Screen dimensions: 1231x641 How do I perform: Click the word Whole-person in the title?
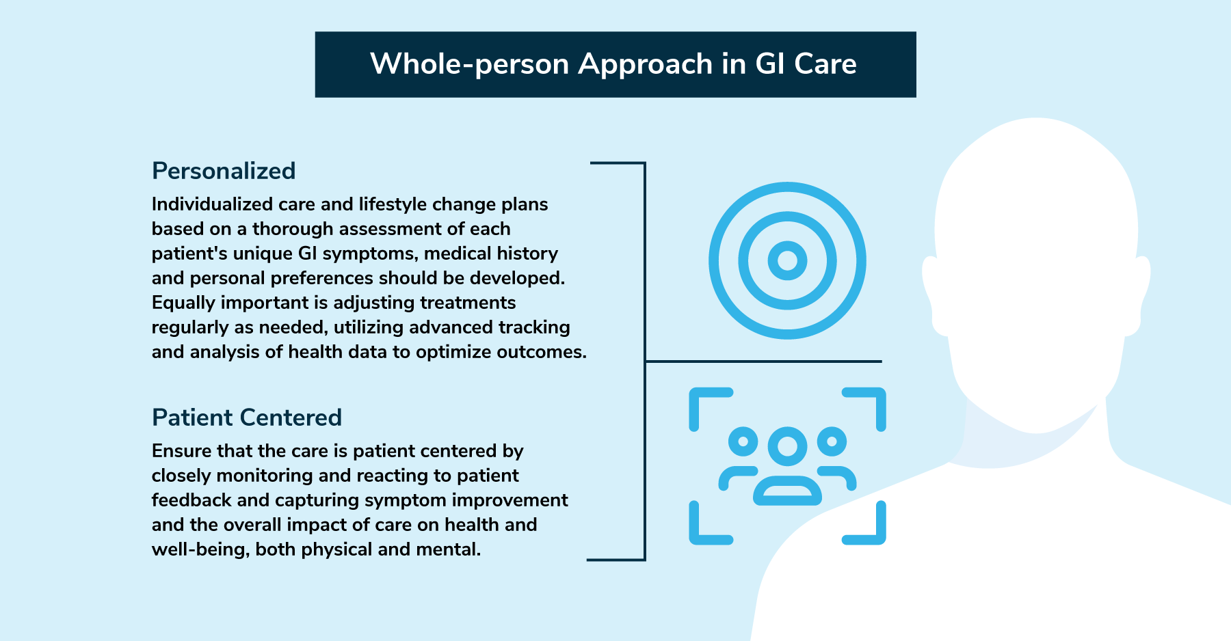[x=470, y=64]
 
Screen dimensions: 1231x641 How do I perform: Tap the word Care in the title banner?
[x=825, y=64]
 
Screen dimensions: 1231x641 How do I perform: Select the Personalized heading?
[x=224, y=170]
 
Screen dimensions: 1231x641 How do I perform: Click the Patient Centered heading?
[x=247, y=417]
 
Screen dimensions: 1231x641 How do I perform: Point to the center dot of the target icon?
[x=787, y=260]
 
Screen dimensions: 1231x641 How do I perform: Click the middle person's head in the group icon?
[x=787, y=446]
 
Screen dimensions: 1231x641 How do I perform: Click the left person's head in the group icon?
[x=743, y=441]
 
